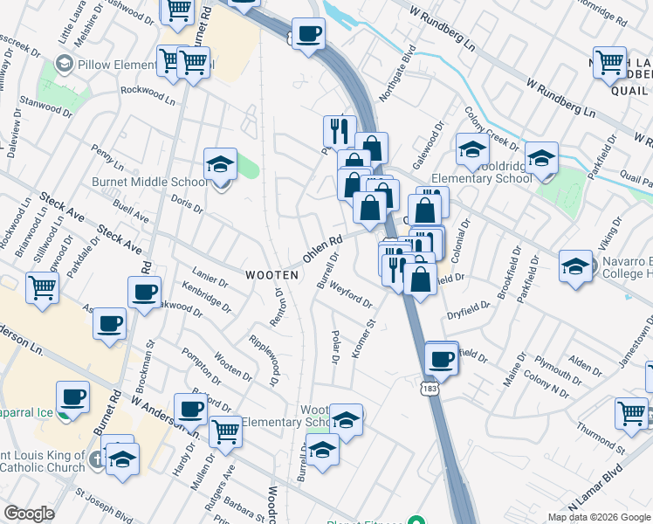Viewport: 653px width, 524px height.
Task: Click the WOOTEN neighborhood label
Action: click(x=272, y=274)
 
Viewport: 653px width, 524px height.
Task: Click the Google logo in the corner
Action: click(x=29, y=514)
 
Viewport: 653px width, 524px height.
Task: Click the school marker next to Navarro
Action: click(x=575, y=266)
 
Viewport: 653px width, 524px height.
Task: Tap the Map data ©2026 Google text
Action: click(x=598, y=517)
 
